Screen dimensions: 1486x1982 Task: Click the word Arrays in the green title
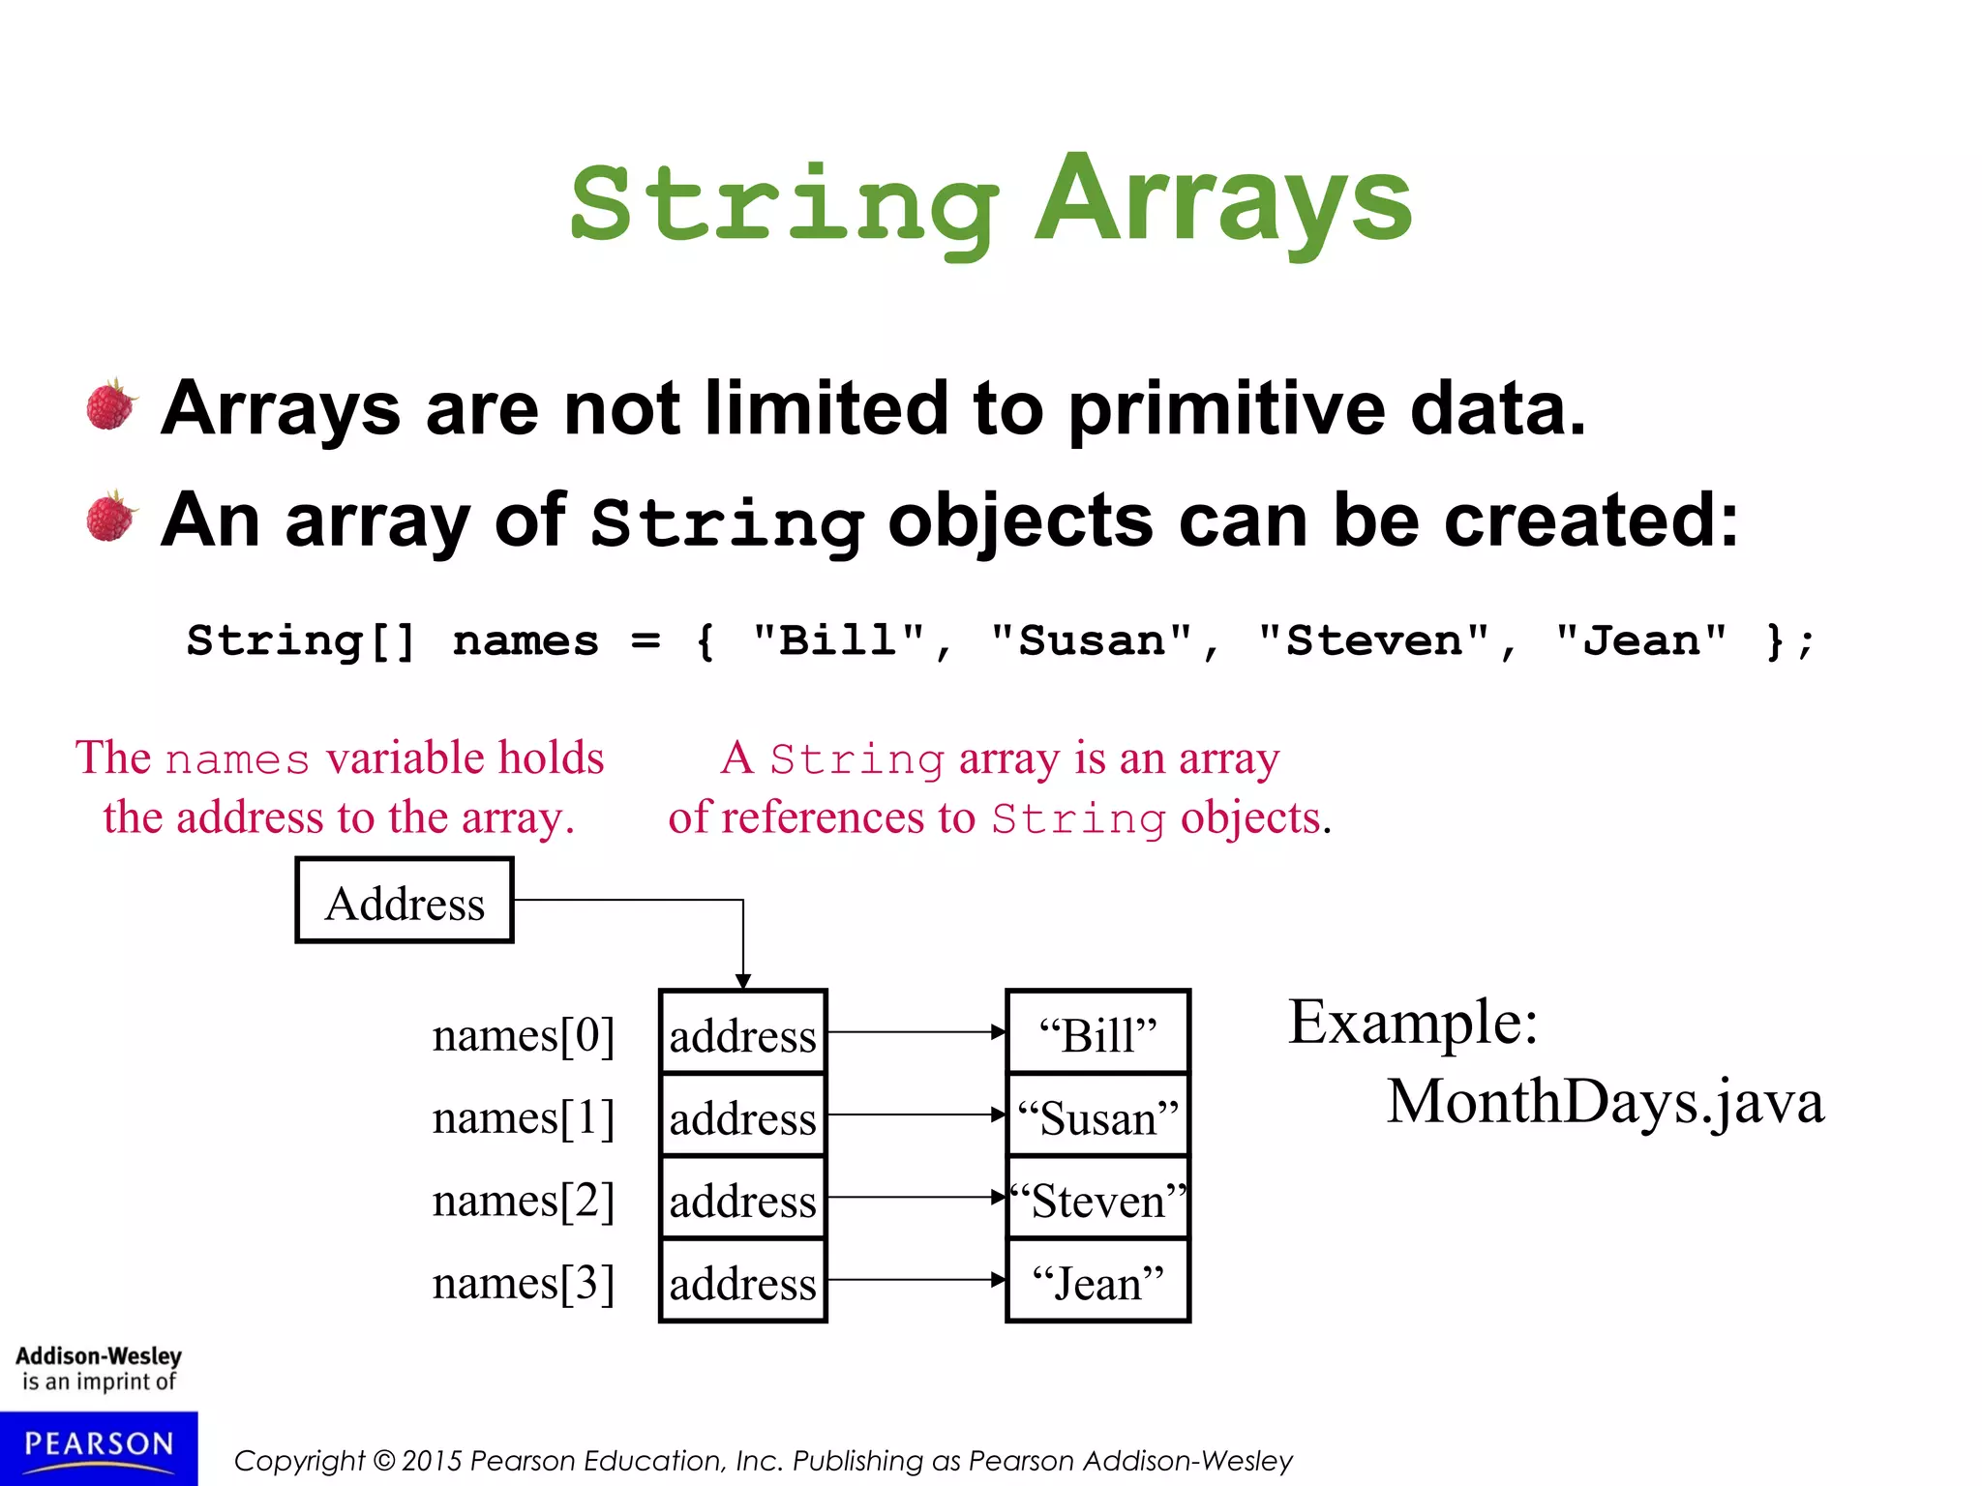point(1223,201)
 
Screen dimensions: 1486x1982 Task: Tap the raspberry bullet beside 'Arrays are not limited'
point(111,405)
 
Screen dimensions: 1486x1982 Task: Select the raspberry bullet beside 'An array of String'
point(111,517)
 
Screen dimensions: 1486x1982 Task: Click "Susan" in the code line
point(1092,640)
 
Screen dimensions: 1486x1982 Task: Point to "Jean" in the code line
point(1640,640)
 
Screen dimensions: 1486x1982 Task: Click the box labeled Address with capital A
point(405,901)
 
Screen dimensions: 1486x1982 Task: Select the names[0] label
point(523,1034)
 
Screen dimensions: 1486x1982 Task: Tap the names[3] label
point(523,1282)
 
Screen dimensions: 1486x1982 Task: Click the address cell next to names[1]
point(742,1116)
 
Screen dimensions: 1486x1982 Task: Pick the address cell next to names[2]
point(742,1200)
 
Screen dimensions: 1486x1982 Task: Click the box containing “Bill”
point(1097,1033)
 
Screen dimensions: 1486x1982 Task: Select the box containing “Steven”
point(1097,1200)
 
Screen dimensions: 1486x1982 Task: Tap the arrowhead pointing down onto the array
point(742,981)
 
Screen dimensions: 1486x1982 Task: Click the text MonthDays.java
point(1605,1101)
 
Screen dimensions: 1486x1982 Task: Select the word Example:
point(1412,1022)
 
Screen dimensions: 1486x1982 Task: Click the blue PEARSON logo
point(98,1447)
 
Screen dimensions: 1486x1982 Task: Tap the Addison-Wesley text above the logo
point(99,1356)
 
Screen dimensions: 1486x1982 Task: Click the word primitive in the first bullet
point(1227,408)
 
